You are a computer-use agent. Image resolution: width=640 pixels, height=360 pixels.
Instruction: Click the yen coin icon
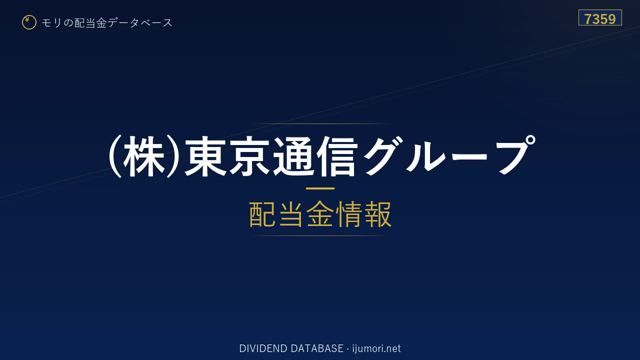pos(29,22)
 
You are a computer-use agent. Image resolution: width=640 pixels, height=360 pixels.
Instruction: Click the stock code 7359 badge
pos(600,17)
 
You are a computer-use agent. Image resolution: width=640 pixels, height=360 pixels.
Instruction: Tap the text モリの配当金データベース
pos(107,23)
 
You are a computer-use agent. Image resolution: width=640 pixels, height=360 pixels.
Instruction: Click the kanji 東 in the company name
pos(205,156)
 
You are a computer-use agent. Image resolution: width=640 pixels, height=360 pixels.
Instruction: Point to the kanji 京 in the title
pos(249,156)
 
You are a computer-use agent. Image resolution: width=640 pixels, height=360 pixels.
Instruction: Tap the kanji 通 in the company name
pos(293,156)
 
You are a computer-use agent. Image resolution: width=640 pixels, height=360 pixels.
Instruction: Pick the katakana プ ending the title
pos(515,154)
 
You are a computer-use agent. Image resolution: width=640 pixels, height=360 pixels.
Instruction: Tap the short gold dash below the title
pos(320,188)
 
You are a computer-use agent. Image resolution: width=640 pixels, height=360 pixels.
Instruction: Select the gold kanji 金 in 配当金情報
pos(320,214)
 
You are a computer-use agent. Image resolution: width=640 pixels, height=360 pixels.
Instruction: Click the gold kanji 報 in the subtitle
pos(378,214)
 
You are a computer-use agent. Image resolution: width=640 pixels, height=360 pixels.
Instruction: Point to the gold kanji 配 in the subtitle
pos(262,214)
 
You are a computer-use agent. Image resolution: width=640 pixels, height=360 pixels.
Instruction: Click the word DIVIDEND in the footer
pos(263,348)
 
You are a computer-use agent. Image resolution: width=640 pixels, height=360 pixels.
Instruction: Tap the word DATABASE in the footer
pos(317,348)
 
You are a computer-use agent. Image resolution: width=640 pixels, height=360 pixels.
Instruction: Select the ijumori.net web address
pos(376,348)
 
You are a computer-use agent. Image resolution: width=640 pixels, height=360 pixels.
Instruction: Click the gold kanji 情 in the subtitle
pos(349,214)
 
